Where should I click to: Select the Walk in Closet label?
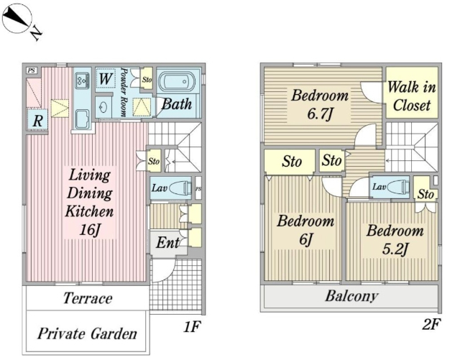411,96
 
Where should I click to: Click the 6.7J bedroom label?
319,104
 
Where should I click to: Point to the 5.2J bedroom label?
393,240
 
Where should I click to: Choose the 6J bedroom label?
305,230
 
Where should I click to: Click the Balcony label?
352,296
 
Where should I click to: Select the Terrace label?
86,298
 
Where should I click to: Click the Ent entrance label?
167,243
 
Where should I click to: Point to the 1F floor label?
190,328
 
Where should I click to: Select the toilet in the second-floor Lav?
398,188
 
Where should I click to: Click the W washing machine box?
105,78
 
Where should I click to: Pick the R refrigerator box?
37,120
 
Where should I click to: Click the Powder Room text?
124,92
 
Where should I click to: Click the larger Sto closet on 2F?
290,161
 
